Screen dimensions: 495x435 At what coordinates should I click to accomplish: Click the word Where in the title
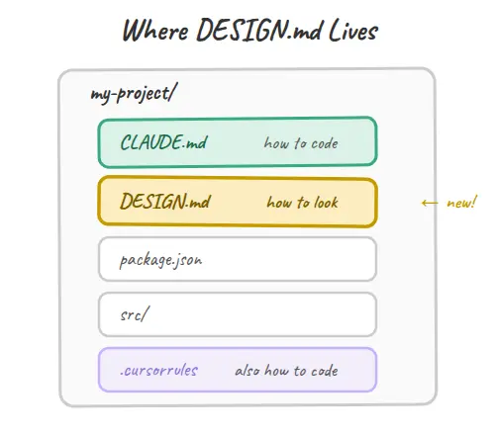pos(155,31)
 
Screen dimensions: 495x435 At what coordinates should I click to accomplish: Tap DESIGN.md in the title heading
pos(258,30)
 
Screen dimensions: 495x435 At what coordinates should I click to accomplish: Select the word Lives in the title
pos(353,30)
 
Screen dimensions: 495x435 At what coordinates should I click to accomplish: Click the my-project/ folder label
pos(134,93)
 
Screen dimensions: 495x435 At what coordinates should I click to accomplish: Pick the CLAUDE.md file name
pos(163,142)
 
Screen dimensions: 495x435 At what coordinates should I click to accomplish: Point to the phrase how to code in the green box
pos(301,143)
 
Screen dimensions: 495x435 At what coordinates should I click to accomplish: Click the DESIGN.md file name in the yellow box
pos(165,201)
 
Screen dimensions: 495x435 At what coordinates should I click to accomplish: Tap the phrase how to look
pos(303,202)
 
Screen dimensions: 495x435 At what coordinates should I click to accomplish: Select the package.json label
pos(160,260)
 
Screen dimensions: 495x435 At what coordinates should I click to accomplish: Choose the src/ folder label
pos(135,313)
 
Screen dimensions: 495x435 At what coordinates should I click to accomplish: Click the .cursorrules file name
pos(159,371)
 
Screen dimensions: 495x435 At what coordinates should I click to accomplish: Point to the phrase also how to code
pos(286,371)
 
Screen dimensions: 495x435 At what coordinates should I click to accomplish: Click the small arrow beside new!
pos(430,203)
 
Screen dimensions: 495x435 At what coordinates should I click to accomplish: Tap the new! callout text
pos(462,202)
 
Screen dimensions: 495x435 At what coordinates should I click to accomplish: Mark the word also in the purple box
pos(247,371)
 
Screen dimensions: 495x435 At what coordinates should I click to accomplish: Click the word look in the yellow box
pos(326,202)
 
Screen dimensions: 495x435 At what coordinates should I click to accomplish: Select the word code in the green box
pos(325,143)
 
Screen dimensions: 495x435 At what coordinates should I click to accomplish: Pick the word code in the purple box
pos(325,371)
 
